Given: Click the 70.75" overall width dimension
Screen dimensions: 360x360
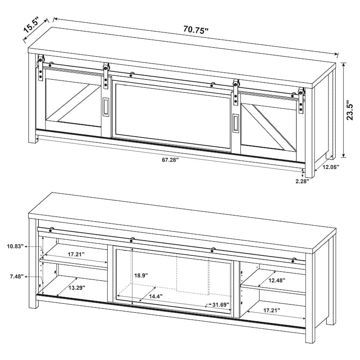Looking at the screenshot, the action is coord(196,30).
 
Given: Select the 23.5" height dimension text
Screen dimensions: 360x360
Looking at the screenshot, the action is coord(350,110).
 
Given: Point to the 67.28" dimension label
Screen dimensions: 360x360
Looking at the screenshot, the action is coord(171,160).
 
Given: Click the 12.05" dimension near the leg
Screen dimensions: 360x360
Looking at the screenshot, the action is coord(331,167).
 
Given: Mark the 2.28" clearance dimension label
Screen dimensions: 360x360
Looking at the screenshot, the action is coord(302,181).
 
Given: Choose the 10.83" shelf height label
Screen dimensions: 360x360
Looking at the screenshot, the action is coord(15,247).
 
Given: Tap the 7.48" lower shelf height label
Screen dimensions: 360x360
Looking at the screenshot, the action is coord(17,277).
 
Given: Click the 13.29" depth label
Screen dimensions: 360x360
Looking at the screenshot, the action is coord(77,288).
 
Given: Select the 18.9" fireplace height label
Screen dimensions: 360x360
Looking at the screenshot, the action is coord(141,275).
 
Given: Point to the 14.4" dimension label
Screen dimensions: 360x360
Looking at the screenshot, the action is coord(156,296).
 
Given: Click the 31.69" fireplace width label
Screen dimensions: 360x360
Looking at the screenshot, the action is coord(220,305).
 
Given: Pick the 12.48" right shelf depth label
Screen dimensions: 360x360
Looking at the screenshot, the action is coord(277,280).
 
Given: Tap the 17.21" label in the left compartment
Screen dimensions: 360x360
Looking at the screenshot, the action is coord(76,254).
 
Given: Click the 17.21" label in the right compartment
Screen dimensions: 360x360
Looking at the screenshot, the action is coord(272,310).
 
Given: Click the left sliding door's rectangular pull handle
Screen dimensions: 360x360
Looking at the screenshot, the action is coord(106,106).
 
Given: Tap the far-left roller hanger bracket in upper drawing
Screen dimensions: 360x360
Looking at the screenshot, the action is coord(40,68).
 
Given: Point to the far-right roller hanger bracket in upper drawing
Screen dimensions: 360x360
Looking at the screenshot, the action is coord(301,100).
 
